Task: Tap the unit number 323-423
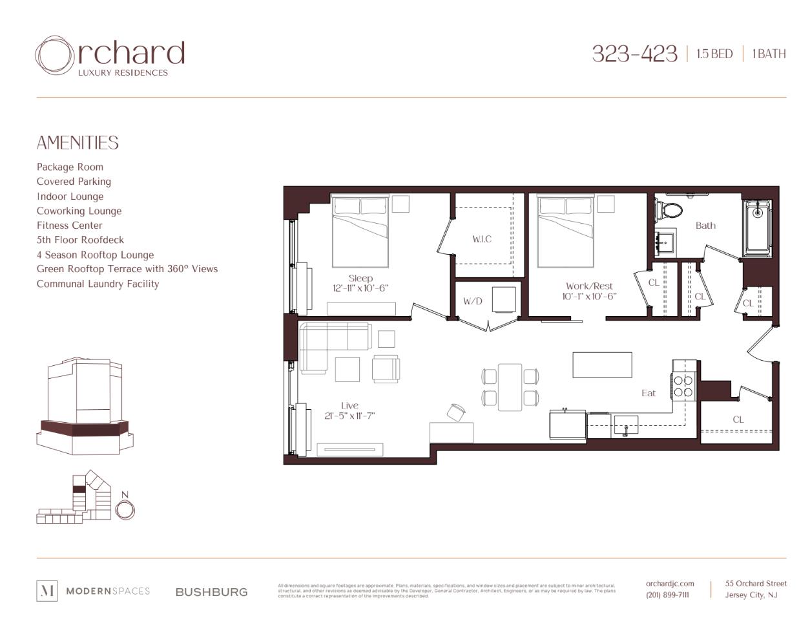click(x=634, y=54)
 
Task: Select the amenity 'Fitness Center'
click(x=69, y=226)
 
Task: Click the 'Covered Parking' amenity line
click(x=74, y=182)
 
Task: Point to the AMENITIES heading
click(x=78, y=143)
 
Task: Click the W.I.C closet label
click(x=482, y=239)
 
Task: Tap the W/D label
click(x=473, y=301)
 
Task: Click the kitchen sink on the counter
click(x=625, y=426)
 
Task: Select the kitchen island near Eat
click(x=602, y=365)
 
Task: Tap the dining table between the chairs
click(x=510, y=387)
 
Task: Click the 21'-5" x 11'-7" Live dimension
click(x=349, y=416)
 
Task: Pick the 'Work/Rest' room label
click(x=589, y=286)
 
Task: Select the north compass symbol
click(x=125, y=509)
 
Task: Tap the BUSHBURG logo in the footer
click(x=211, y=592)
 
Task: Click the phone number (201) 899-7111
click(x=667, y=595)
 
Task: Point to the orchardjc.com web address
click(x=670, y=584)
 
